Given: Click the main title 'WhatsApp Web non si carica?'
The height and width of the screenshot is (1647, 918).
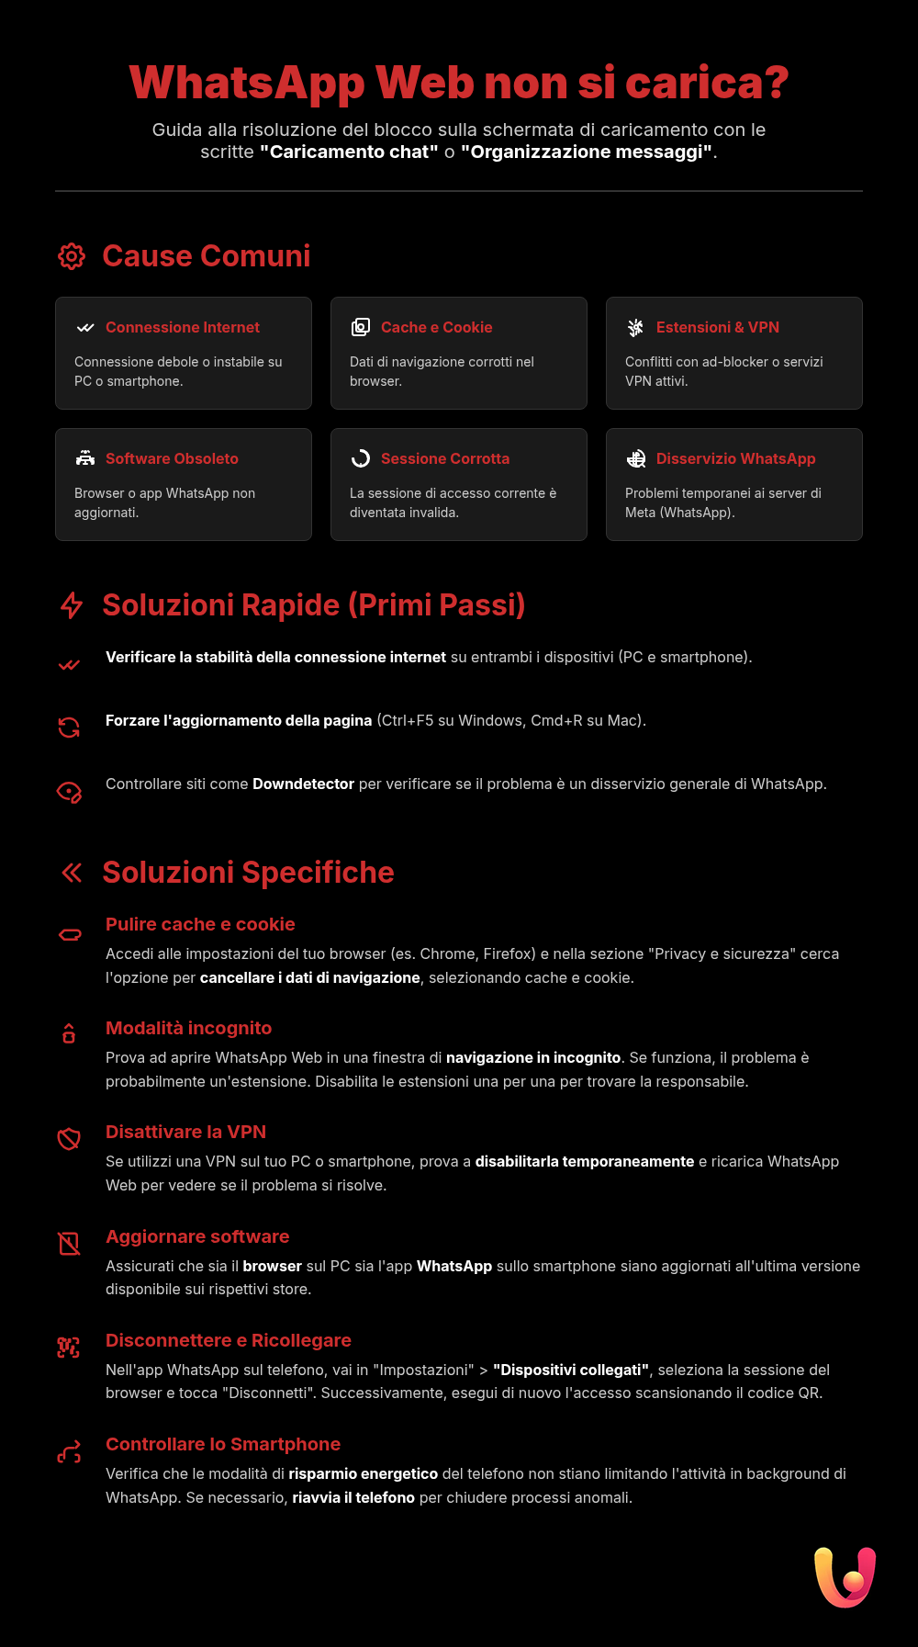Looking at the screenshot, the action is click(x=459, y=83).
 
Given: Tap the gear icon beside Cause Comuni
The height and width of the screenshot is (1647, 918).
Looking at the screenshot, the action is click(x=72, y=256).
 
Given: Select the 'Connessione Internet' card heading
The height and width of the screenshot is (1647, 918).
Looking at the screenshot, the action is click(x=183, y=328).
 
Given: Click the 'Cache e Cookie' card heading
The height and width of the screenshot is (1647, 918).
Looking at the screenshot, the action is click(x=436, y=328).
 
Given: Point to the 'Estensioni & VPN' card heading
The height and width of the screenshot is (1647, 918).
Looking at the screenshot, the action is click(x=717, y=328).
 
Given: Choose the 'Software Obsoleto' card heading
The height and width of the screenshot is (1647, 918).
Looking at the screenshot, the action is click(x=172, y=459).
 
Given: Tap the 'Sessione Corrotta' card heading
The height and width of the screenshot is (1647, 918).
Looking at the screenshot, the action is click(x=444, y=459).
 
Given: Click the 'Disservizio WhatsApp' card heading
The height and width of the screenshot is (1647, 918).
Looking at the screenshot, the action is click(x=735, y=459).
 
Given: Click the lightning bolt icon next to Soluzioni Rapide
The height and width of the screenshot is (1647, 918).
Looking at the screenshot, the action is click(x=72, y=605).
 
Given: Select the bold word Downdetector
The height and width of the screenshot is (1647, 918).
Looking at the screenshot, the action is click(x=303, y=784).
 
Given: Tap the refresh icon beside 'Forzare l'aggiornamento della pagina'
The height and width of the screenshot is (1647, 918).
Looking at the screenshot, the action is click(x=69, y=728).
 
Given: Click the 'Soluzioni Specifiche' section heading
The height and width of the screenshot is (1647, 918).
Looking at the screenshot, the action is click(x=248, y=873).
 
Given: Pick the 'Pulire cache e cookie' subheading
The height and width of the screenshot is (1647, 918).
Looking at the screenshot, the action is click(x=200, y=925).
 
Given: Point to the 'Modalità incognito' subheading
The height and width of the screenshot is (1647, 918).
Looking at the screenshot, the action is click(x=188, y=1029).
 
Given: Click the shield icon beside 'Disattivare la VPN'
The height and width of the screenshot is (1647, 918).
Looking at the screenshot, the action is click(x=69, y=1139).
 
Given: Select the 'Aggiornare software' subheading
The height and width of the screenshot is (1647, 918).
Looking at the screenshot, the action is click(x=197, y=1237).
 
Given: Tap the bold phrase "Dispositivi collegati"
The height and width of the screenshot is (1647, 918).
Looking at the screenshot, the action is click(x=571, y=1371).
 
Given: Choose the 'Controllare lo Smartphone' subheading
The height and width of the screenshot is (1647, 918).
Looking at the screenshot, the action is click(x=223, y=1445).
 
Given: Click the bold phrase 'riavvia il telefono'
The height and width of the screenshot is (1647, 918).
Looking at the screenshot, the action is click(x=353, y=1498).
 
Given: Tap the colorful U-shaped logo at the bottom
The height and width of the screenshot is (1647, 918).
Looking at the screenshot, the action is click(x=845, y=1577).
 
